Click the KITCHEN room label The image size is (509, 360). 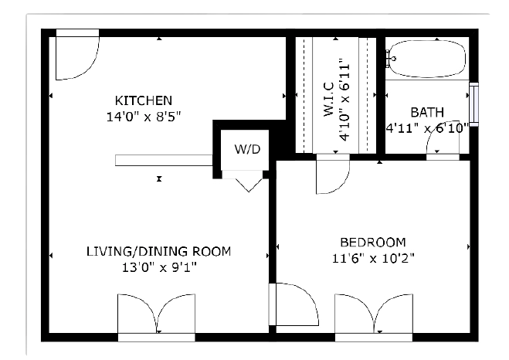coord(144,100)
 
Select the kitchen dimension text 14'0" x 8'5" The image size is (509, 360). coord(144,117)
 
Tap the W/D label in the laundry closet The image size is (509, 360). coord(247,149)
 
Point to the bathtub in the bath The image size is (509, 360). coord(427,59)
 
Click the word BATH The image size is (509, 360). coord(427,112)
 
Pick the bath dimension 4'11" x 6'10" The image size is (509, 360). coord(427,128)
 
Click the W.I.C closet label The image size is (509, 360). coord(329,100)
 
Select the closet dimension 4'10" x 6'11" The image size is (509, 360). coord(344,100)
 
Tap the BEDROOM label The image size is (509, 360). coord(373,243)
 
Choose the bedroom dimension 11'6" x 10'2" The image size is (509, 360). coord(373,259)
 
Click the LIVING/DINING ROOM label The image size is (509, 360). coord(159,252)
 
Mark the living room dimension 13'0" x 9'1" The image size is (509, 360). coord(159,268)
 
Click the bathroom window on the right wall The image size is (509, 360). coord(474,104)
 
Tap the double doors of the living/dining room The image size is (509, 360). coord(157,314)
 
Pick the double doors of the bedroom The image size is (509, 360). coord(374,314)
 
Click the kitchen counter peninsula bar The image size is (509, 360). coord(164,161)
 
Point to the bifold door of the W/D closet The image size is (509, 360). coord(249,185)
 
